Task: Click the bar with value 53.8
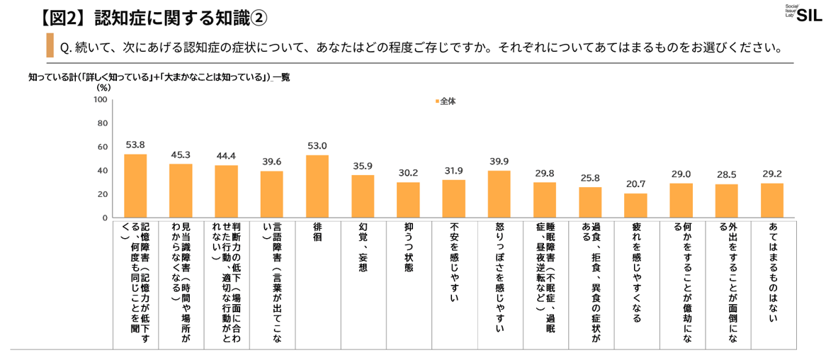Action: click(135, 186)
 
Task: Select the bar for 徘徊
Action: click(317, 186)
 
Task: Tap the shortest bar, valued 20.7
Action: click(635, 206)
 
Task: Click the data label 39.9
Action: click(499, 161)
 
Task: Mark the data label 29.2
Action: click(771, 173)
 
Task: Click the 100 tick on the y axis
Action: click(100, 100)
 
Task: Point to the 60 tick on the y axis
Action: click(102, 147)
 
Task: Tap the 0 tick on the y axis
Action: click(104, 218)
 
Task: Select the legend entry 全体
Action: click(446, 101)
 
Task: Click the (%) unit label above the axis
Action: click(103, 88)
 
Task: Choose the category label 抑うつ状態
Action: click(408, 249)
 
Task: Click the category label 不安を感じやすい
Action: click(453, 262)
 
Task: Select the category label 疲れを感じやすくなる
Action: click(635, 273)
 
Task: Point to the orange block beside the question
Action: click(50, 45)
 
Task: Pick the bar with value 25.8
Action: click(590, 202)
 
